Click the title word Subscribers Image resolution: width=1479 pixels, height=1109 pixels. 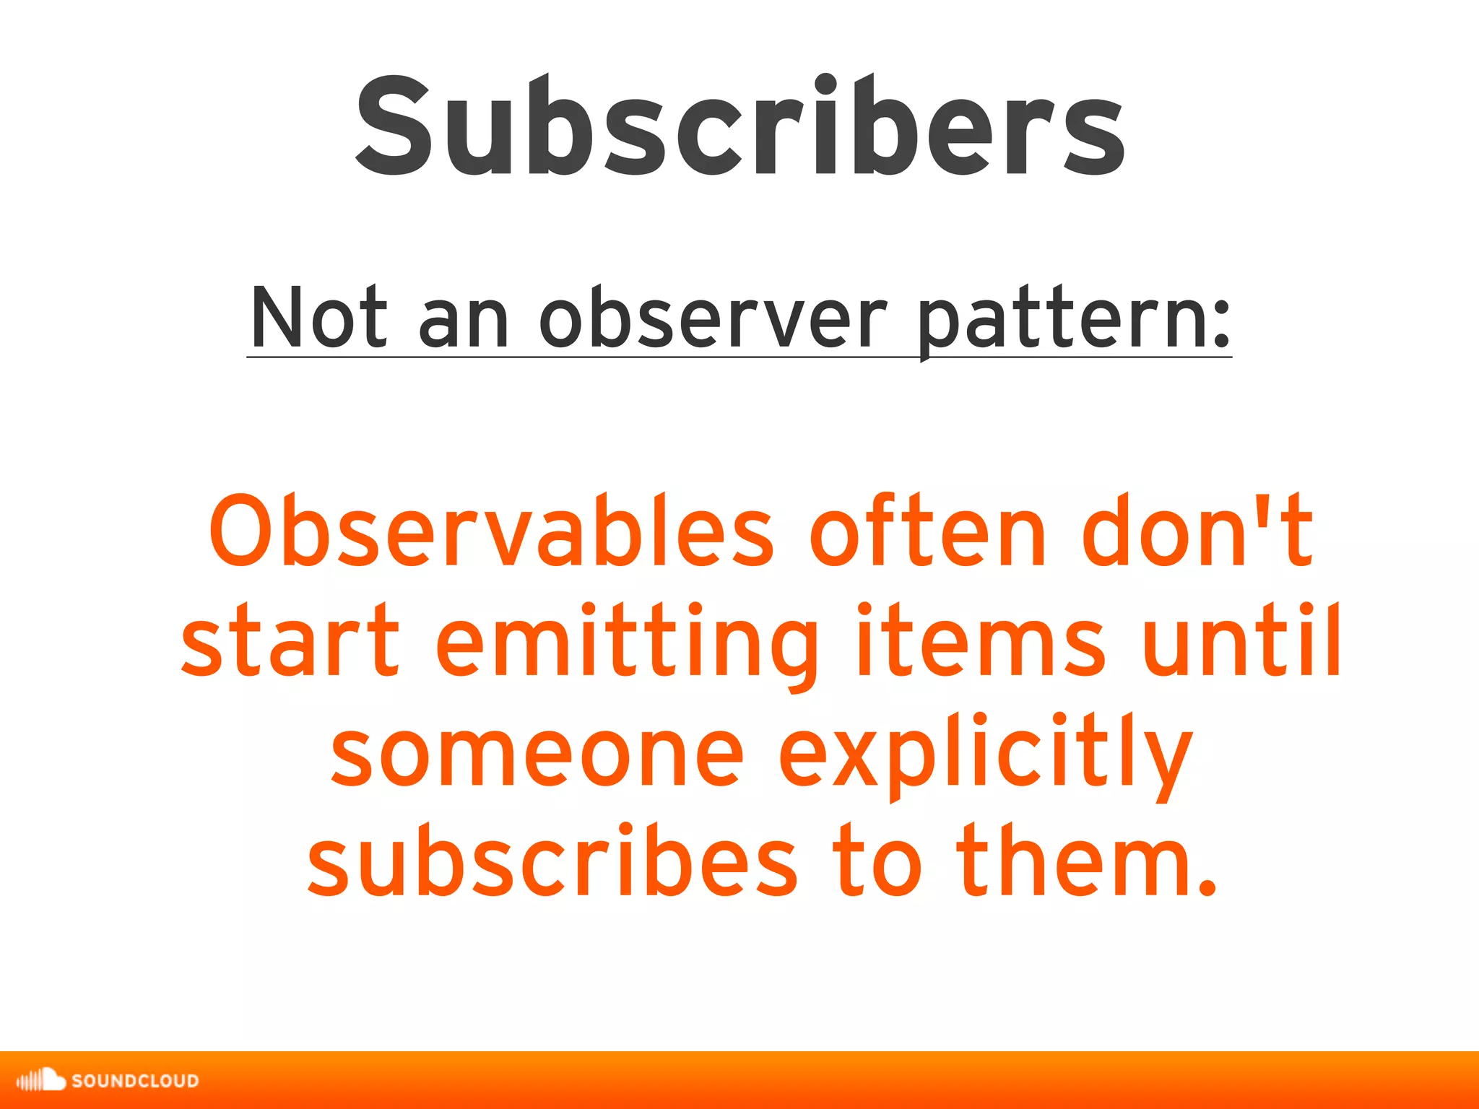(x=739, y=127)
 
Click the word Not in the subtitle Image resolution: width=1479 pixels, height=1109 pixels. (x=318, y=318)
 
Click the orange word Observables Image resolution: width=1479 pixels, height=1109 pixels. (x=491, y=531)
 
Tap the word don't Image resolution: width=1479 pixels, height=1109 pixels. (x=1195, y=531)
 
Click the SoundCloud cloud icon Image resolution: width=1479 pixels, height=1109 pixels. (x=42, y=1079)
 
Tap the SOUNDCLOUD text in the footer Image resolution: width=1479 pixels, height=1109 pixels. (x=135, y=1081)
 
